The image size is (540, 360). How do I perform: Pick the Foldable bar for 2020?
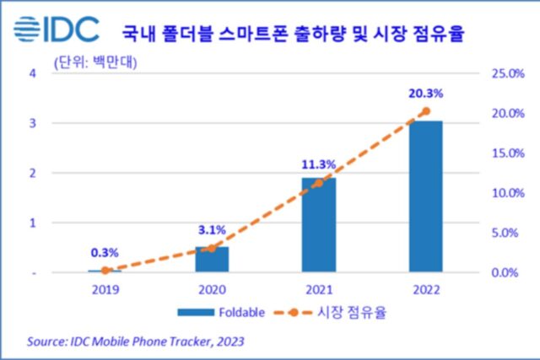[212, 260]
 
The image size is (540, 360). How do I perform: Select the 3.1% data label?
[211, 228]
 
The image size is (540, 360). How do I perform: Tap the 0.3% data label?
[105, 251]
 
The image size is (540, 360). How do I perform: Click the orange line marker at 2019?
[105, 271]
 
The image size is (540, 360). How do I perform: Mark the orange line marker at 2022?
[426, 111]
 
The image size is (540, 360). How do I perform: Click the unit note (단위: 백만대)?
[89, 61]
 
